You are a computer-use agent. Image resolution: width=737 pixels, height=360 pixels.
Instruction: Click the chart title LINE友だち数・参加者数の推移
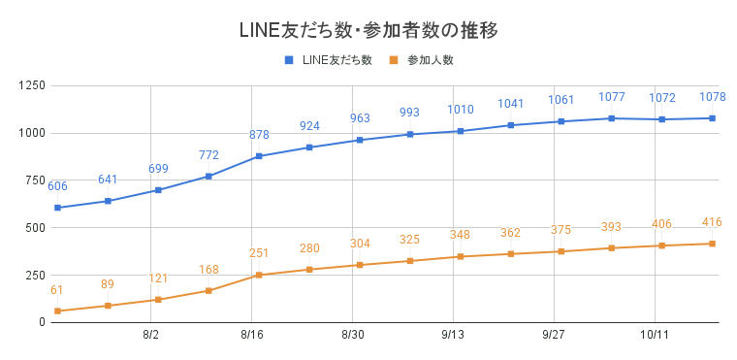(368, 30)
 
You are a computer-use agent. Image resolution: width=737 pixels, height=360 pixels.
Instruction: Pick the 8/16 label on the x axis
(251, 335)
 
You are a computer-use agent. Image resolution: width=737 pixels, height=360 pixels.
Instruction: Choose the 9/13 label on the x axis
(453, 335)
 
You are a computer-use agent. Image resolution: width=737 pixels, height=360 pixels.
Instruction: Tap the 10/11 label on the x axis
(655, 335)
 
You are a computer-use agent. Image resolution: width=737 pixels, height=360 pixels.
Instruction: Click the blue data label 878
(259, 136)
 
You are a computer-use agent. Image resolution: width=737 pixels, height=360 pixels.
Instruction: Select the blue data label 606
(57, 186)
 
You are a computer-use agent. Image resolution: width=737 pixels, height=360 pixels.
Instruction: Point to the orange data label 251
(259, 254)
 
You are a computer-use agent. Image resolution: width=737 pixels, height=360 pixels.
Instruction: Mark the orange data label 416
(712, 223)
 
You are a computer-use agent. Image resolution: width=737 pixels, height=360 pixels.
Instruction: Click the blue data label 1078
(712, 97)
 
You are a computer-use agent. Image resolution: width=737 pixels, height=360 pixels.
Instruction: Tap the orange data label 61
(57, 290)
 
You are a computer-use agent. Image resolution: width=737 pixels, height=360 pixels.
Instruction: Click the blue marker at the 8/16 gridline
(259, 156)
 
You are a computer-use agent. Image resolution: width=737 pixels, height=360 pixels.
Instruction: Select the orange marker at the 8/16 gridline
(259, 275)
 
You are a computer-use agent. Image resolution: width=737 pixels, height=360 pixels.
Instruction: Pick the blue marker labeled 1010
(461, 131)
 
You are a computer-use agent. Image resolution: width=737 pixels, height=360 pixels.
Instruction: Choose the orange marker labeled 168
(208, 290)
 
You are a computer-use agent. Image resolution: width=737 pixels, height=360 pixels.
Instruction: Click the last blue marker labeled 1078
(712, 118)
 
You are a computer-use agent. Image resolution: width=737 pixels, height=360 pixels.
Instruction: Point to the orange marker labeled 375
(561, 251)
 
